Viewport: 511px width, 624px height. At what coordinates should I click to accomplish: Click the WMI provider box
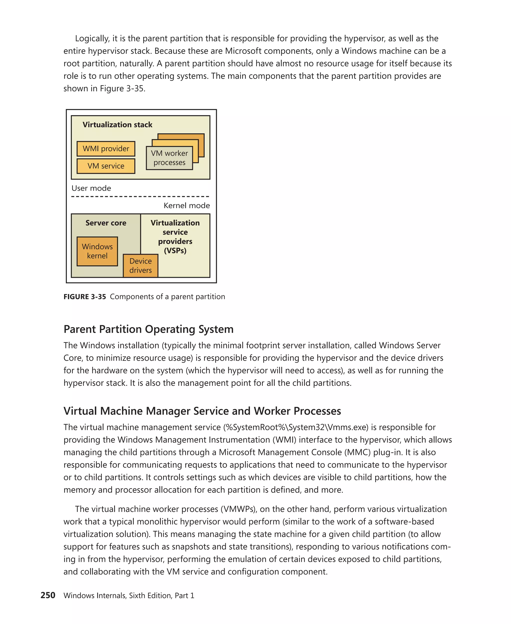click(x=106, y=149)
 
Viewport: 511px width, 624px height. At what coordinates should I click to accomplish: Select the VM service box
click(x=106, y=166)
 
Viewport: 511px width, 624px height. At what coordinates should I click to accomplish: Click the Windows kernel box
click(x=97, y=251)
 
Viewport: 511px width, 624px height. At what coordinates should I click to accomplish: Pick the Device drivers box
click(x=140, y=266)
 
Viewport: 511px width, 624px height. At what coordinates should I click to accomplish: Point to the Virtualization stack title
click(x=117, y=125)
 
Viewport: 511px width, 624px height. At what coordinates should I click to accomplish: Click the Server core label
click(x=106, y=223)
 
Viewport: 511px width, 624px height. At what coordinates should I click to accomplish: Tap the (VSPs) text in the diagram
click(x=175, y=251)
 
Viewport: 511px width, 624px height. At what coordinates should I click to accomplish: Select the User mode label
click(x=91, y=188)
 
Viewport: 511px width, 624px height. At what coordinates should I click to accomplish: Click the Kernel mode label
click(x=187, y=206)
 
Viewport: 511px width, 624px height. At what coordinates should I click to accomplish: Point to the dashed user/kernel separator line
click(x=140, y=196)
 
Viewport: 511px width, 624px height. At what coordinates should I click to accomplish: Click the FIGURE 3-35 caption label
click(x=85, y=297)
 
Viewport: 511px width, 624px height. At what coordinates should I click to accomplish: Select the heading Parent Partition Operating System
click(x=148, y=329)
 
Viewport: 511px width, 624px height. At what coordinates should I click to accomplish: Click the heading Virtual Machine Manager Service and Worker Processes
click(x=202, y=411)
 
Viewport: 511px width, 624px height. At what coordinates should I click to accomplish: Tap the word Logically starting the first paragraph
click(x=92, y=39)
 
